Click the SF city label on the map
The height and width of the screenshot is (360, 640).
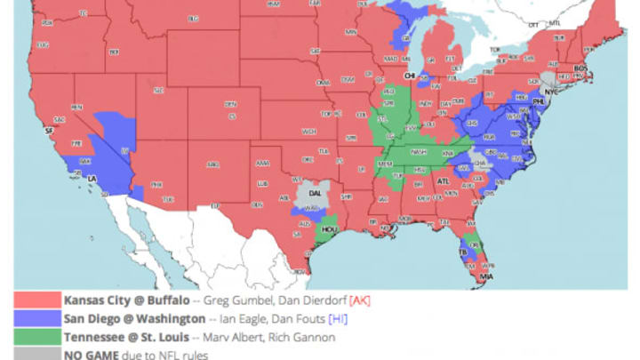(x=36, y=131)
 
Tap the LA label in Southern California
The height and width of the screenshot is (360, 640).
(x=92, y=179)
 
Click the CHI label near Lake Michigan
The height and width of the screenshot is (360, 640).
(x=411, y=76)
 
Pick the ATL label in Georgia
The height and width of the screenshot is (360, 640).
(x=442, y=181)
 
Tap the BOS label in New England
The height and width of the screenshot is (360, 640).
(x=582, y=68)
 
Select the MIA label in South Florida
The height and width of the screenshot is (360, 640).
(x=486, y=277)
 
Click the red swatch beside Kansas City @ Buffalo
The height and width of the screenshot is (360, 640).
(x=36, y=300)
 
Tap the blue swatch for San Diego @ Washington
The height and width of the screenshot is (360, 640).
(x=36, y=318)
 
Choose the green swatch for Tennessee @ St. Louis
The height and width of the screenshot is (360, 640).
(x=36, y=337)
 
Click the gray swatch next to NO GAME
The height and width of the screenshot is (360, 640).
(x=36, y=354)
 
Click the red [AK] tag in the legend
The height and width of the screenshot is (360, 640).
(x=359, y=300)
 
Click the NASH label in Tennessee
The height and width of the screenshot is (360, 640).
(x=418, y=151)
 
